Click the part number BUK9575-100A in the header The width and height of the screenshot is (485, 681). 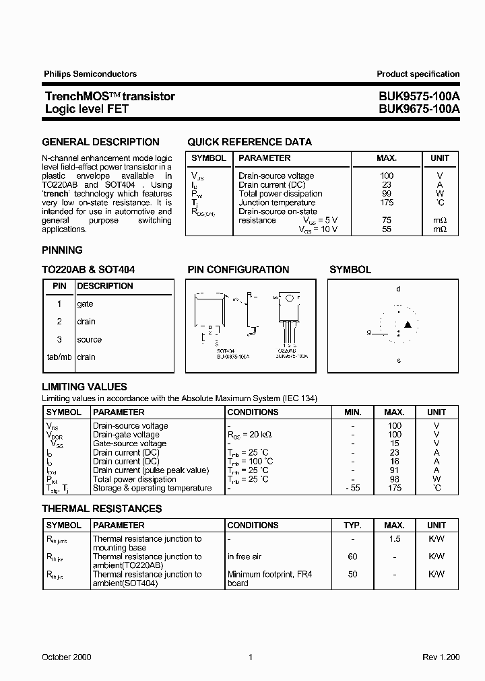click(x=419, y=96)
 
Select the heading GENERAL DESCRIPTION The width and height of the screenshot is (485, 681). click(x=100, y=142)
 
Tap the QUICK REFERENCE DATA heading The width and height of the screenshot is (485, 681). click(x=249, y=142)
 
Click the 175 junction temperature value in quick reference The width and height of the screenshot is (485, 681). click(x=387, y=203)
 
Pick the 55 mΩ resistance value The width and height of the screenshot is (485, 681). click(x=387, y=229)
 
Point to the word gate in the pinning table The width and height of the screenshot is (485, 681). click(x=85, y=304)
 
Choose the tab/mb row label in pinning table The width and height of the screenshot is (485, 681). click(x=59, y=357)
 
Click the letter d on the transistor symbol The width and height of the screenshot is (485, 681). click(x=398, y=289)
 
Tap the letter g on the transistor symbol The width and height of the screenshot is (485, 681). click(x=368, y=332)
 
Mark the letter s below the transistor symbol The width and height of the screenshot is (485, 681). click(x=398, y=360)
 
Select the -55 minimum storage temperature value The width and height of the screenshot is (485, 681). click(x=352, y=489)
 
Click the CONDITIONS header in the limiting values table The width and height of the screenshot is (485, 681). click(x=253, y=412)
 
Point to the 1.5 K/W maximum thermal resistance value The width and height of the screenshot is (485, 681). click(x=395, y=539)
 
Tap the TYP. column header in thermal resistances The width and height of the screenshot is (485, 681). click(x=352, y=525)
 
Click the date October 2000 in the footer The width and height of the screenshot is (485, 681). click(x=67, y=657)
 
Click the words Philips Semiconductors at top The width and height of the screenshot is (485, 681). click(x=90, y=74)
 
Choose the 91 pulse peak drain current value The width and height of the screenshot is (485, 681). click(x=395, y=470)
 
